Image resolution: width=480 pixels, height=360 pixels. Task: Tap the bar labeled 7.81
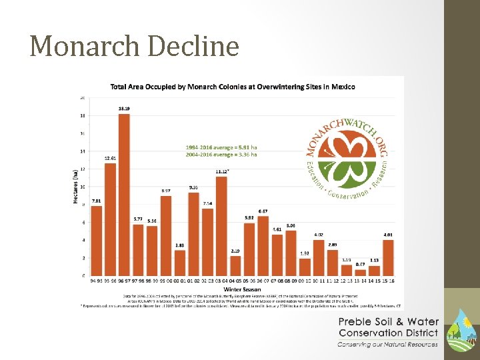coord(97,240)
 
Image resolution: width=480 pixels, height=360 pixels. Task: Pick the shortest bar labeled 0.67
coord(360,272)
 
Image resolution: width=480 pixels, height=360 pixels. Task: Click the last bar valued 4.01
coord(388,257)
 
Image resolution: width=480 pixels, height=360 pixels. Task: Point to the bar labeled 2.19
coord(235,265)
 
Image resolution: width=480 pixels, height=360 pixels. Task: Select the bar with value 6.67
coord(263,245)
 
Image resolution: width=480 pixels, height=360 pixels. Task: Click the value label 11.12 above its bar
coord(222,171)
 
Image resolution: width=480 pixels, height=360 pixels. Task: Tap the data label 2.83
coord(179,245)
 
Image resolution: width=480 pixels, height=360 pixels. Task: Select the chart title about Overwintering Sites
coord(233,87)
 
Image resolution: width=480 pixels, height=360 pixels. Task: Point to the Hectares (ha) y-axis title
coord(74,185)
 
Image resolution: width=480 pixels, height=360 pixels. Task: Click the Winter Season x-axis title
coord(242,289)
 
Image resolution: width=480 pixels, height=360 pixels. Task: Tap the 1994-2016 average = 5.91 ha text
coord(221,147)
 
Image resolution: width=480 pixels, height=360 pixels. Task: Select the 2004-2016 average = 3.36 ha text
coord(221,154)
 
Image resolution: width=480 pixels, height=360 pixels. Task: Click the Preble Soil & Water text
coord(387,322)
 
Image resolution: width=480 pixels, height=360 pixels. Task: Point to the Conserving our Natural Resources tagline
coord(387,344)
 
